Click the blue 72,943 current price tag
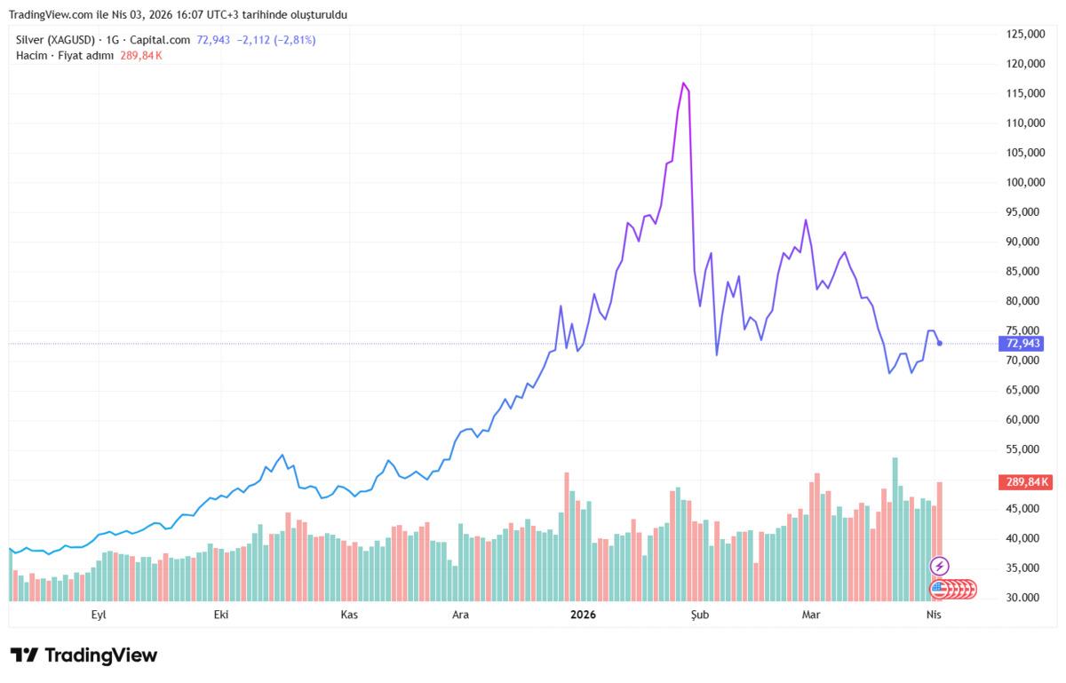pos(1023,343)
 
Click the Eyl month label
pos(99,615)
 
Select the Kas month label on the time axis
pos(349,615)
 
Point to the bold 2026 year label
pos(583,615)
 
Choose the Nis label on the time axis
pos(934,615)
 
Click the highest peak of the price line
pos(683,83)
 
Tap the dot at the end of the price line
pos(940,343)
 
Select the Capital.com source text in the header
pos(166,40)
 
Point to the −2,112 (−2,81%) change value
pos(275,40)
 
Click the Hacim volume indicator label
pos(30,55)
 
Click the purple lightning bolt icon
pos(940,566)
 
